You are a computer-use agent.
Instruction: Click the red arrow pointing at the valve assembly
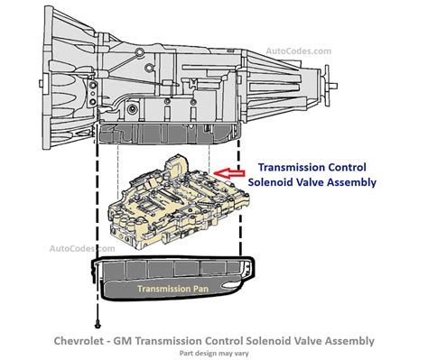pyautogui.click(x=229, y=173)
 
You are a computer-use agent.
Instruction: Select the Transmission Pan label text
pyautogui.click(x=172, y=289)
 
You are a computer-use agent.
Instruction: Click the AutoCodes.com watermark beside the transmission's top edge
pyautogui.click(x=298, y=51)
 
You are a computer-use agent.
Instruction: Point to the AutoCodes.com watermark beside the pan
pyautogui.click(x=82, y=249)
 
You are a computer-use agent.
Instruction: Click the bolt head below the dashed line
pyautogui.click(x=98, y=326)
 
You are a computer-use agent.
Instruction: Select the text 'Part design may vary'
pyautogui.click(x=214, y=353)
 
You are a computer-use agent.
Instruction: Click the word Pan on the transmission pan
pyautogui.click(x=200, y=289)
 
